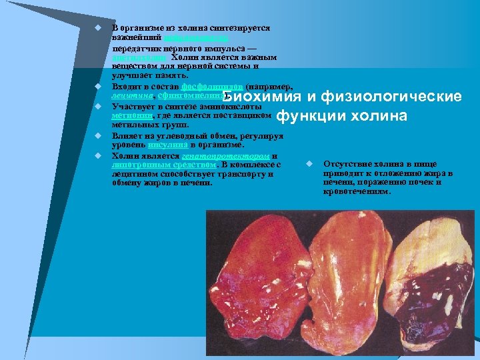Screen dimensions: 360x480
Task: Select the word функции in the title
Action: pyautogui.click(x=307, y=116)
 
